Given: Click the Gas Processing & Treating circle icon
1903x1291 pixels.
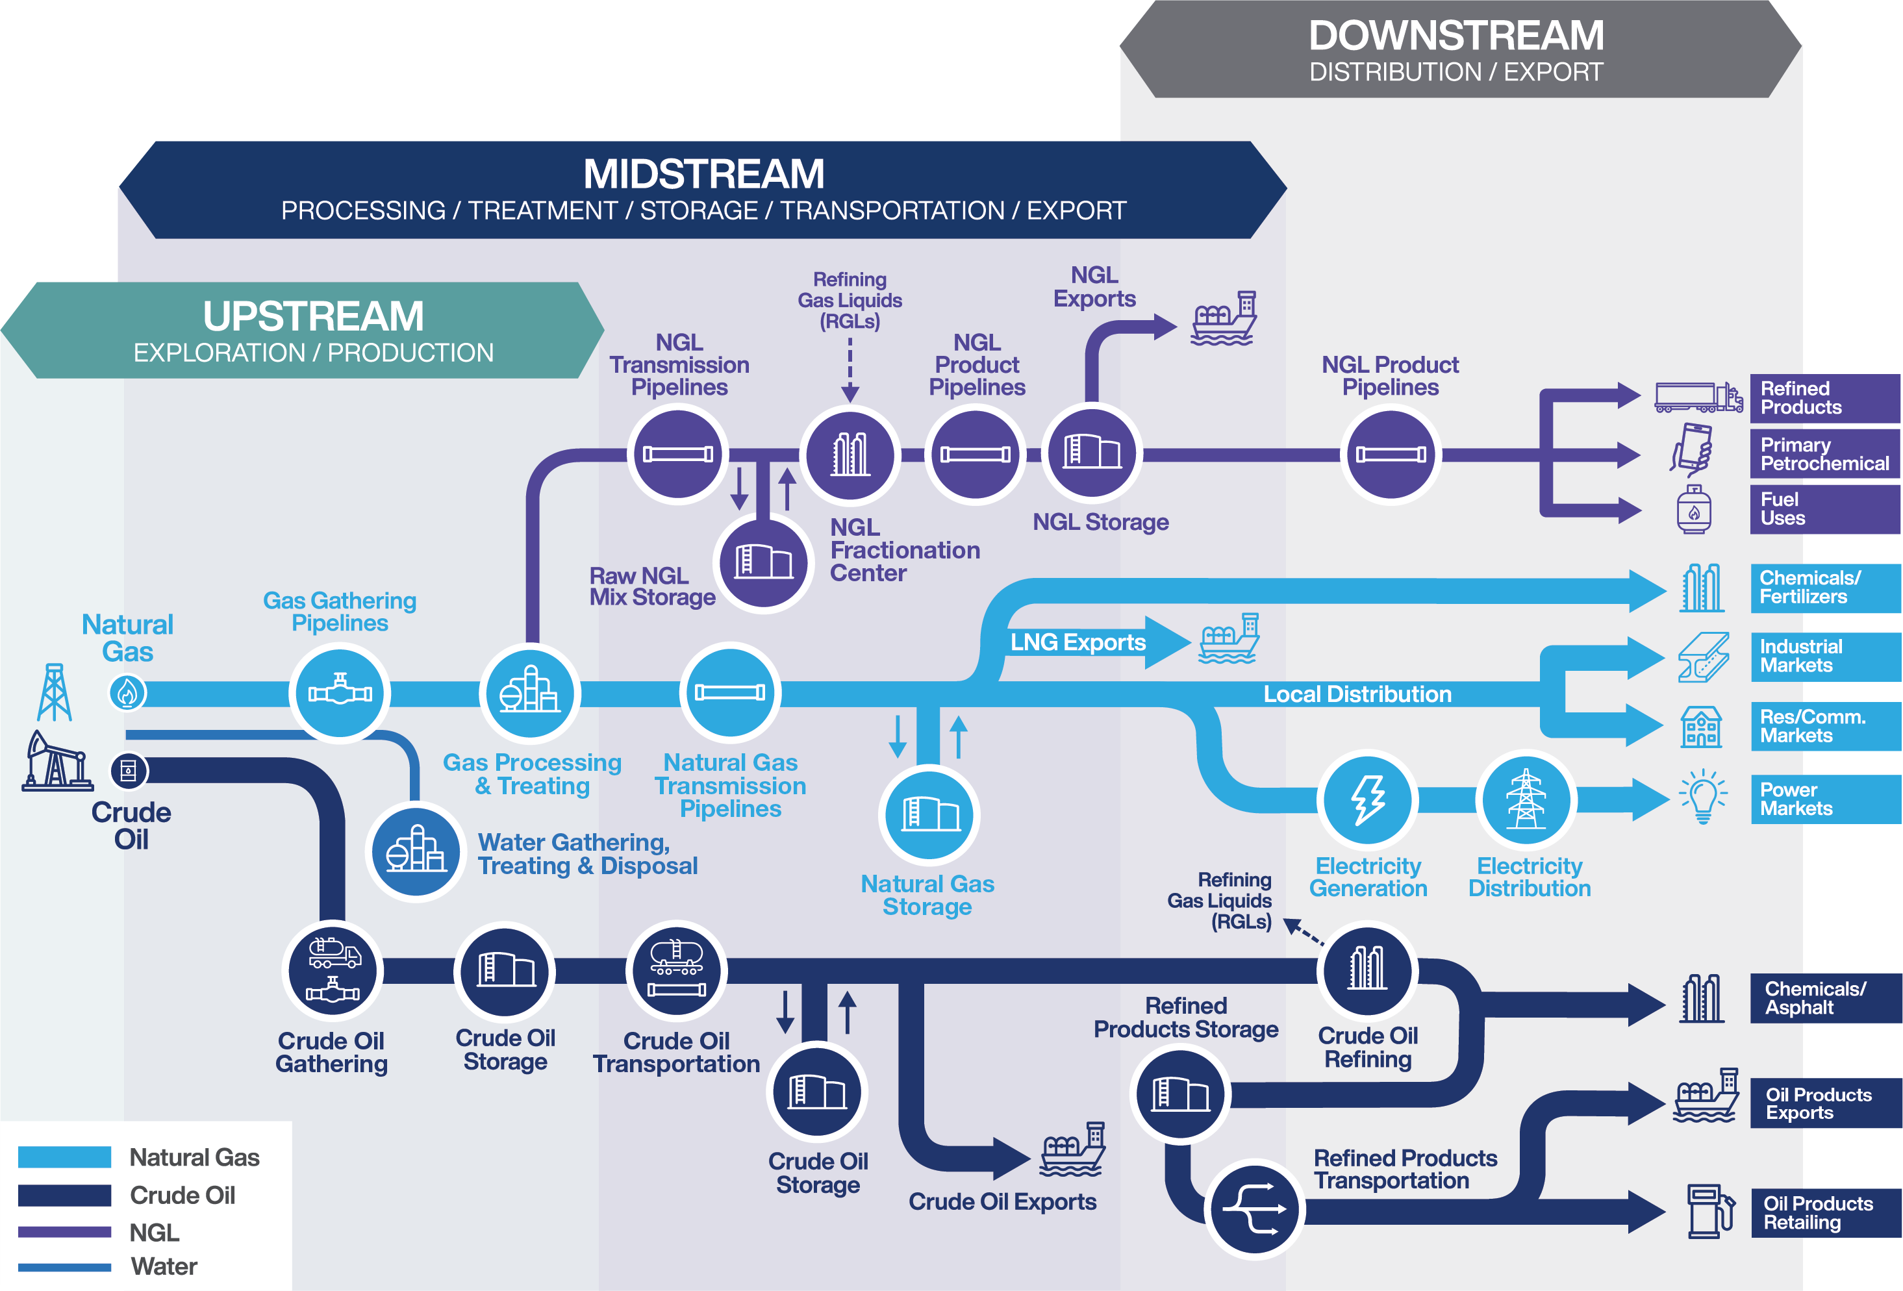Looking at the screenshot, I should point(530,694).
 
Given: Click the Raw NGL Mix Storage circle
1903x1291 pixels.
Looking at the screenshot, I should point(763,562).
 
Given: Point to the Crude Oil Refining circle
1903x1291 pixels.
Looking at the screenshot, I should point(1367,970).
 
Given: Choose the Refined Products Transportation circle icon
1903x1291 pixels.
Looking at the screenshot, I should point(1254,1209).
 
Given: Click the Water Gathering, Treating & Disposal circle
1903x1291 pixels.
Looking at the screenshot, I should point(416,851).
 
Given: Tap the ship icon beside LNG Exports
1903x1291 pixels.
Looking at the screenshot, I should point(1228,638).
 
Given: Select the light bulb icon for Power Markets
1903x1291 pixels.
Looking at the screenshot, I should point(1703,796).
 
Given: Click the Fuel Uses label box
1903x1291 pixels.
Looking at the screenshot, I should point(1824,509).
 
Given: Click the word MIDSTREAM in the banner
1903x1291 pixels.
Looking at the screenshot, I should point(703,173).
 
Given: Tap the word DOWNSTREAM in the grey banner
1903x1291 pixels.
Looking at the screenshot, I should point(1456,36).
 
